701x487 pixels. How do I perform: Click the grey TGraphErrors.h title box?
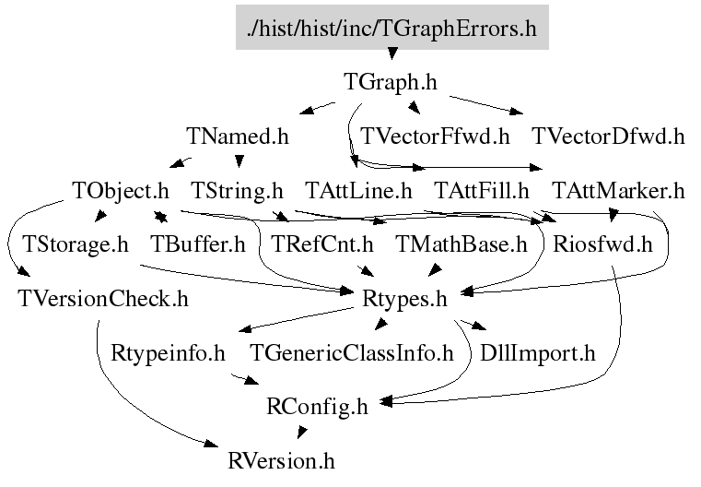coord(392,28)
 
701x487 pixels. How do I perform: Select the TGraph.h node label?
coord(391,82)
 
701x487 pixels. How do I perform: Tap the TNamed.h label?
coord(238,137)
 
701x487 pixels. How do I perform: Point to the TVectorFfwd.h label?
coord(435,137)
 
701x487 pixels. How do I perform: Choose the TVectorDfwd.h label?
coord(608,137)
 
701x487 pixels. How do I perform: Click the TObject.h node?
coord(121,191)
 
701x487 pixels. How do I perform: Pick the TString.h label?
coord(237,191)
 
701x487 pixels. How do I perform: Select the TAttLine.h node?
coord(358,191)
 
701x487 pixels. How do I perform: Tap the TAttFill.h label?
coord(482,191)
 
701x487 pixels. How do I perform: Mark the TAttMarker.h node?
coord(618,191)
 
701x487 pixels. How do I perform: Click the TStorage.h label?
coord(76,244)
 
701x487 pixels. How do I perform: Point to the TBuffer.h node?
coord(198,244)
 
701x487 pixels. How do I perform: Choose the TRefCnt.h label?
coord(321,244)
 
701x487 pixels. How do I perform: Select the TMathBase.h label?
coord(461,244)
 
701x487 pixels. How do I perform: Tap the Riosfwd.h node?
coord(602,244)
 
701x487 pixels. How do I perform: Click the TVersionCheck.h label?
coord(103,299)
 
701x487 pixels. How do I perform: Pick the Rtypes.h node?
coord(404,299)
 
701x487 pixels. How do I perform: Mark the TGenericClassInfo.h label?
coord(351,353)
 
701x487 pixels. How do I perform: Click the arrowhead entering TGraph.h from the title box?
coord(392,53)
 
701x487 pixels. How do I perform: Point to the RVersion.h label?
coord(281,461)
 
